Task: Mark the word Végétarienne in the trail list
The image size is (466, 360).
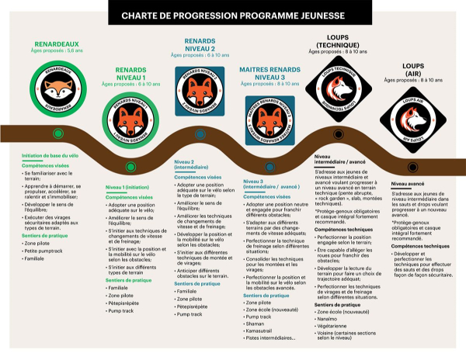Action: (336, 326)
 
